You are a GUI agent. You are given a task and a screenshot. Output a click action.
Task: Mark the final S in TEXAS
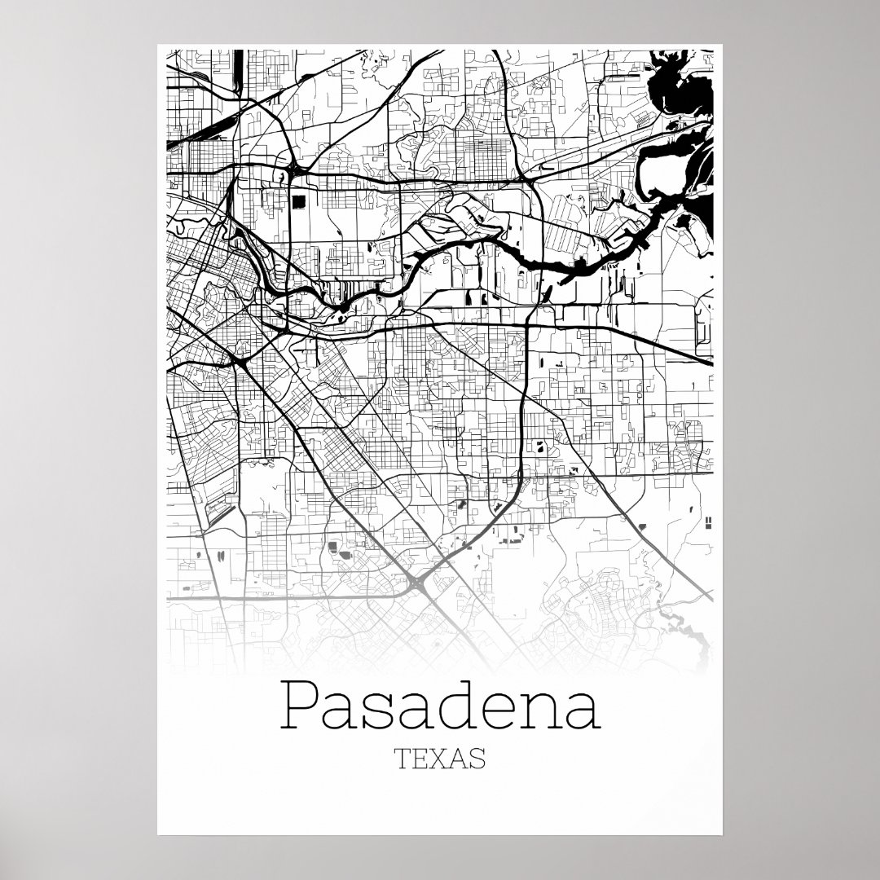478,758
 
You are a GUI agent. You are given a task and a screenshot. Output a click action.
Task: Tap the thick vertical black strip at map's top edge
237,68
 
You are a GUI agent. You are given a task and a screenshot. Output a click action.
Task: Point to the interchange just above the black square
292,171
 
